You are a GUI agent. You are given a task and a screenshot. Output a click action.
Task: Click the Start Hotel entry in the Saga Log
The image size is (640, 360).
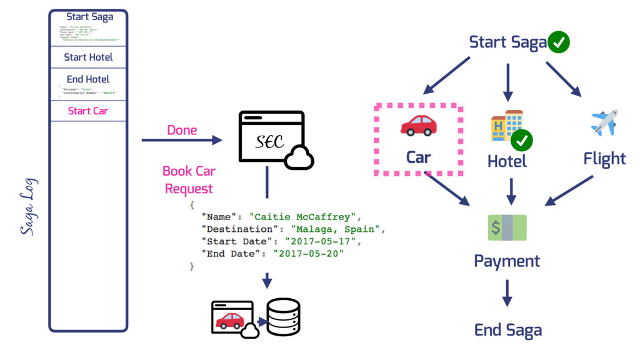[88, 57]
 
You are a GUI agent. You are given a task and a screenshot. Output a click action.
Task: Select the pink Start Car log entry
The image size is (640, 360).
[88, 111]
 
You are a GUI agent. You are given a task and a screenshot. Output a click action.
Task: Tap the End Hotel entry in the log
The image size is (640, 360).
[88, 79]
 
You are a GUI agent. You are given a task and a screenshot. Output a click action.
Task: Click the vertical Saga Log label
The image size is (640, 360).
[27, 207]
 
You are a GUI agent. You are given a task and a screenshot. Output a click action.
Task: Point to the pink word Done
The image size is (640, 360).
[182, 130]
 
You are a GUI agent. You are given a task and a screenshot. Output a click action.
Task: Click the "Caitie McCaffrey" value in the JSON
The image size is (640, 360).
[302, 217]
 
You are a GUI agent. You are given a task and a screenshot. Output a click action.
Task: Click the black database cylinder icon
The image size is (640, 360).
[283, 317]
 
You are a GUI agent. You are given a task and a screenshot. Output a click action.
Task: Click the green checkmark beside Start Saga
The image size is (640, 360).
[558, 42]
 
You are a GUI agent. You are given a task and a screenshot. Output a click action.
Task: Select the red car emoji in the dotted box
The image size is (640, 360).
[418, 125]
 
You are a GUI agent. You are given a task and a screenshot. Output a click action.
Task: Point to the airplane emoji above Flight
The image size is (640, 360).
[604, 122]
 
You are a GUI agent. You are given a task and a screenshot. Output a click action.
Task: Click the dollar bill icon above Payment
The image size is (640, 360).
[507, 227]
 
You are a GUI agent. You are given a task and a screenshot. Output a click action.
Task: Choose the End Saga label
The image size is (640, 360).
[507, 330]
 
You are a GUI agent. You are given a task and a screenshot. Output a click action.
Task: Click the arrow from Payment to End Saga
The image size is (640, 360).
[507, 292]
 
